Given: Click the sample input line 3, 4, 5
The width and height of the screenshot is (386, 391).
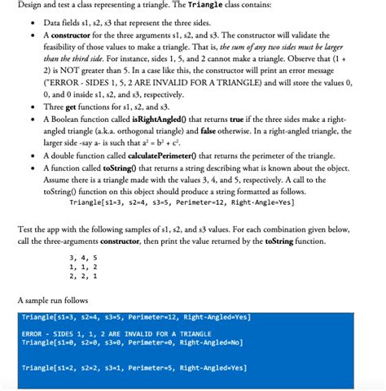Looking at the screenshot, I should (84, 258).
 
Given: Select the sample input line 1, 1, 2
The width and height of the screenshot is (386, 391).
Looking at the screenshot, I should (84, 267).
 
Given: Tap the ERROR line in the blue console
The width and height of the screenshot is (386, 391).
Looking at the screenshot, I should (105, 334).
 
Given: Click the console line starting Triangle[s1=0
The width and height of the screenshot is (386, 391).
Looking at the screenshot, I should (123, 343).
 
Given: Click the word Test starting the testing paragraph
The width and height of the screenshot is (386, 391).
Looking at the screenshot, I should (27, 229).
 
